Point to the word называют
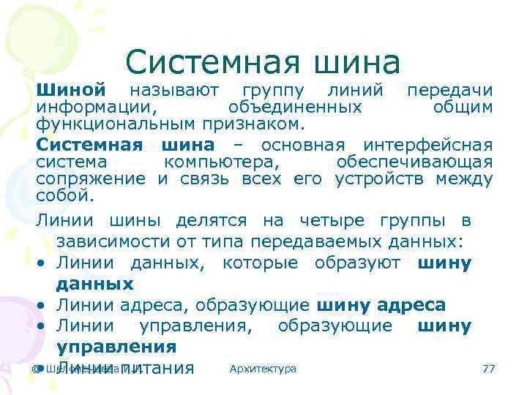pos(173,91)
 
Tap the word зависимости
pos(113,241)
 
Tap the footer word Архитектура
pos(263,369)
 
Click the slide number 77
pos(489,369)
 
